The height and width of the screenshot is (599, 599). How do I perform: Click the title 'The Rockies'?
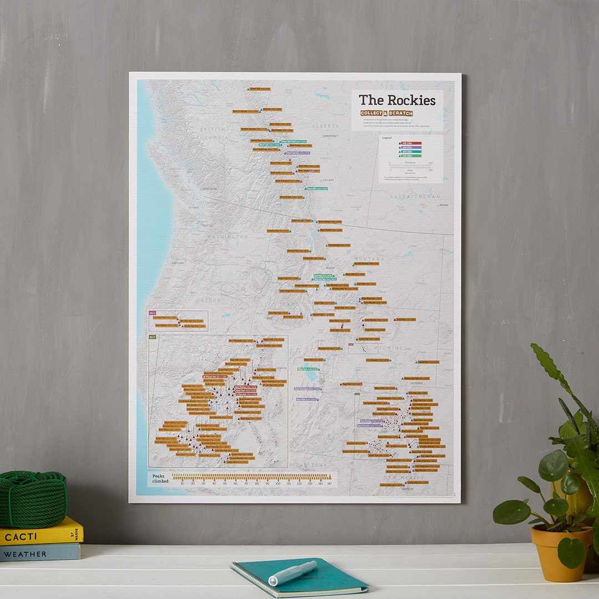397,100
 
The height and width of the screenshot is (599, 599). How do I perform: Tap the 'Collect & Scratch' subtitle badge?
386,113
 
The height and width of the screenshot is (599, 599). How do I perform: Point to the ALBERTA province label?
325,126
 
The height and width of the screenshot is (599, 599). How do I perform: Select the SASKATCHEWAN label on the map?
414,196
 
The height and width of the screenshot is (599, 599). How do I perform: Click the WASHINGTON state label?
228,237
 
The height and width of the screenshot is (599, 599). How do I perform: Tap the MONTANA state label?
369,259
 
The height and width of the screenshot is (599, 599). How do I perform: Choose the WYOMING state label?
388,348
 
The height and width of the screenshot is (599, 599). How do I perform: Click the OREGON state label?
209,300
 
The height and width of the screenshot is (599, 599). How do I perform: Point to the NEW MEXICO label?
404,478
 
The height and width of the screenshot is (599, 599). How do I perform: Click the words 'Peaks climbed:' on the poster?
159,477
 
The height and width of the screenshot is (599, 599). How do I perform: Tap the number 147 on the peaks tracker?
330,484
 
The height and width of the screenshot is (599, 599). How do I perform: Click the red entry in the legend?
410,143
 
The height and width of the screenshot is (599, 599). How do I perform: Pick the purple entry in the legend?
410,148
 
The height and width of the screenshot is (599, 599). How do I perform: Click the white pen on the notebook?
293,572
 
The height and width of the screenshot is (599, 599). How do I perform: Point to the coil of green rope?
32,499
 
